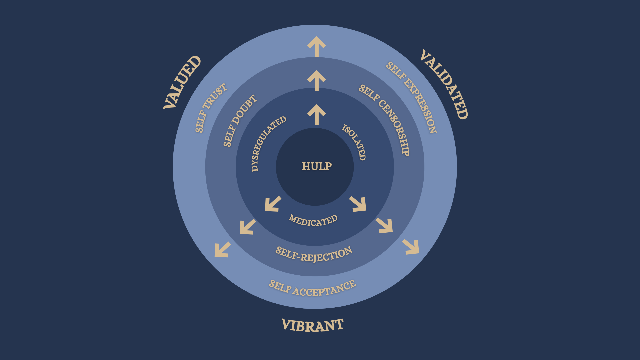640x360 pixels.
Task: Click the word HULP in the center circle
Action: point(317,166)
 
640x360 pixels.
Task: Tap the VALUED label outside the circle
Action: point(182,82)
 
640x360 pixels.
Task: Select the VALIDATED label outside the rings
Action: point(444,84)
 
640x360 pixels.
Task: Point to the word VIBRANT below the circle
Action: point(313,325)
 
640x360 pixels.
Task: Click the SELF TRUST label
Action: point(210,108)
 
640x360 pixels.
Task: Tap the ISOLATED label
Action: point(354,142)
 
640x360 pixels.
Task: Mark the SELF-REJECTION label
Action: point(314,255)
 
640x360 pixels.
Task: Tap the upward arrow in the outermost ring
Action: point(317,46)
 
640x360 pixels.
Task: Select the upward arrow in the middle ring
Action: point(317,80)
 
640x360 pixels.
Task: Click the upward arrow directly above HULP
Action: point(317,114)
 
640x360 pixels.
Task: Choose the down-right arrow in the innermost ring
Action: point(358,204)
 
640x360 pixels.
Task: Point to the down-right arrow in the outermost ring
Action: point(411,247)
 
